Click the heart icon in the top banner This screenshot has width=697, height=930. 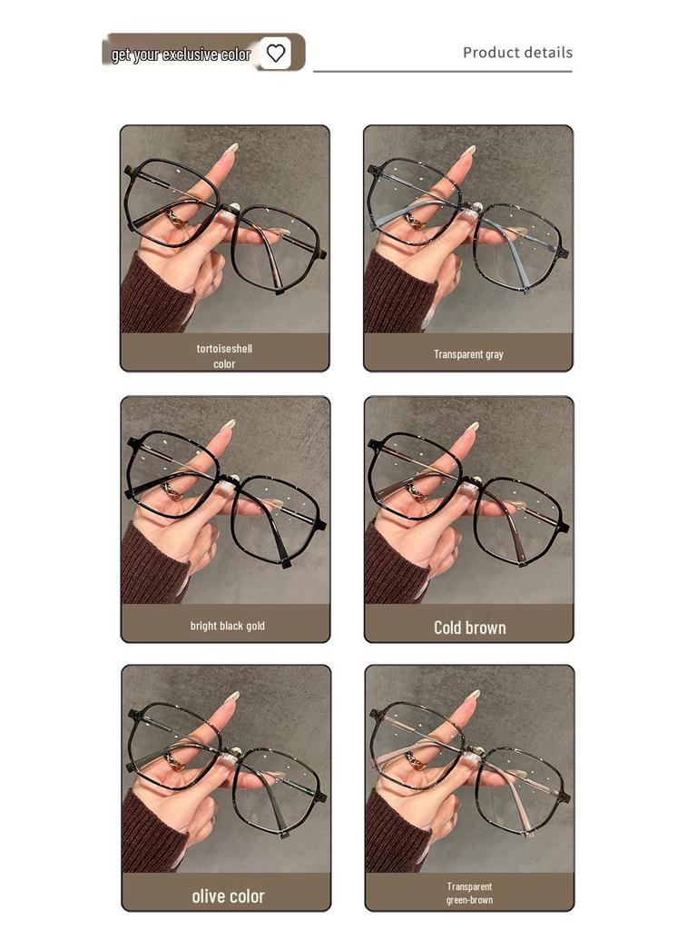click(276, 54)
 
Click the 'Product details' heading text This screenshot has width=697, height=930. click(517, 53)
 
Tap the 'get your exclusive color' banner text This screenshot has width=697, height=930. click(181, 54)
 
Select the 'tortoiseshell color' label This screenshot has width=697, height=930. click(224, 355)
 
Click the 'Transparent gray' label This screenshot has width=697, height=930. click(468, 354)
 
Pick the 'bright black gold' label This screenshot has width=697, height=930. click(227, 626)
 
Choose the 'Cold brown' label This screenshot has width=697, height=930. click(469, 628)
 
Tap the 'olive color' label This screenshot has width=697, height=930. click(228, 896)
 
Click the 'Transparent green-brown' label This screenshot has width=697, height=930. click(469, 894)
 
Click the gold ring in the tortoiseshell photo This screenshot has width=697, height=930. click(174, 218)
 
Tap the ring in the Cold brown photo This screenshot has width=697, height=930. click(417, 490)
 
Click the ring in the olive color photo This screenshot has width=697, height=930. click(173, 758)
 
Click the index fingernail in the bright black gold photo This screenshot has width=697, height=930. click(229, 423)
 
